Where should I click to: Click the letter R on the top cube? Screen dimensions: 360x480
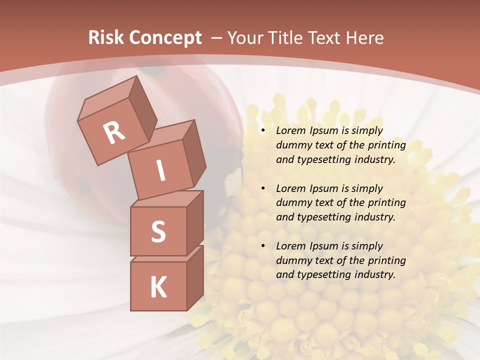click(114, 132)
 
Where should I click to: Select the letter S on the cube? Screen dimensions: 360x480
click(158, 231)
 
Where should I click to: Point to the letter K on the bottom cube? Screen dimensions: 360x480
click(158, 287)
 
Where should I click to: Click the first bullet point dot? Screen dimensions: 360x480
click(263, 131)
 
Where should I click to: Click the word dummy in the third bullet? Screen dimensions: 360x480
click(291, 260)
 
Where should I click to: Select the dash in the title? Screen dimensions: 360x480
click(217, 38)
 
